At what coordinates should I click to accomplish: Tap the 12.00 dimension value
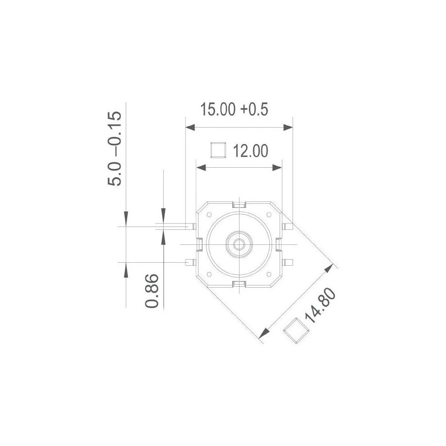pos(251,152)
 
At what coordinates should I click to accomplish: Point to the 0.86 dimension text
pos(153,290)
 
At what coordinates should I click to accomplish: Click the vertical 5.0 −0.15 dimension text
pos(114,149)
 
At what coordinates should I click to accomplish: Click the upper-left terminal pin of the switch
pos(190,226)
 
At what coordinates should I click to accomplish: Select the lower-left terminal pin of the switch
pos(190,262)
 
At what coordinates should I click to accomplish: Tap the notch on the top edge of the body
pos(240,205)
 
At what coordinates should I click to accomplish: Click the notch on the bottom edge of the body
pos(240,284)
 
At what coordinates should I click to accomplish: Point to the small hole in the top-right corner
pos(269,215)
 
